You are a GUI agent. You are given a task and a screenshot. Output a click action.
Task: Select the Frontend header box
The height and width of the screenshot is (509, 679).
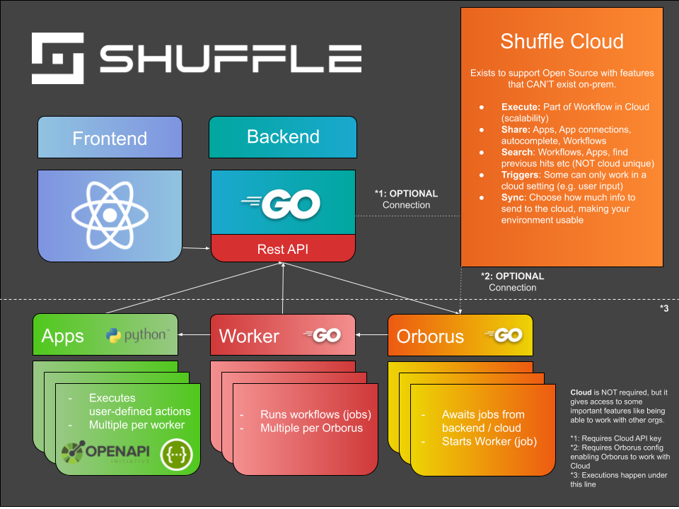110,138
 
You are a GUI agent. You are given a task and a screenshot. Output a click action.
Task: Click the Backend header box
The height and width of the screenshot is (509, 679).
283,137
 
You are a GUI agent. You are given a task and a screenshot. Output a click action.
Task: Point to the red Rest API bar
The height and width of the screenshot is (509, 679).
283,250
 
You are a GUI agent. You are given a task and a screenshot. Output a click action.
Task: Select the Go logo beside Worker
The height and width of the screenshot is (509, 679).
323,335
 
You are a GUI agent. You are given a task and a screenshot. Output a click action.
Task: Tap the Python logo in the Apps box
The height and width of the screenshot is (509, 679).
137,335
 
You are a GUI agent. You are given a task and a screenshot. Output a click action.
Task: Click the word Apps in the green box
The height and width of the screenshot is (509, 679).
63,336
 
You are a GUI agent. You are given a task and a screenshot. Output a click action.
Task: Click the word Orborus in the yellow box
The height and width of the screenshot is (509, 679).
430,336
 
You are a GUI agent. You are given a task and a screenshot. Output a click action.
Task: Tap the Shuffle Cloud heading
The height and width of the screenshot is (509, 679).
562,41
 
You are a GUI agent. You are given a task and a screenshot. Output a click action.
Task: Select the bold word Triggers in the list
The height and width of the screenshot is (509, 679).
518,175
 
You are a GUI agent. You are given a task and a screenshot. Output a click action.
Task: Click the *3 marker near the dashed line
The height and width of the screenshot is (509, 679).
663,308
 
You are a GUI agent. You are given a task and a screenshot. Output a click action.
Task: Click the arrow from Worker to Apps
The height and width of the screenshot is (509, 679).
194,331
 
